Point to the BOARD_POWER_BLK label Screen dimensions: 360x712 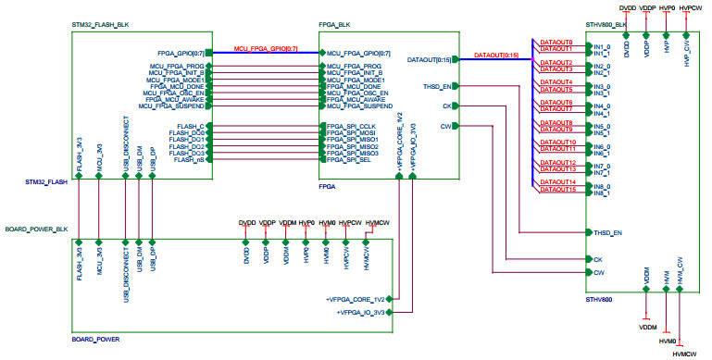coord(36,228)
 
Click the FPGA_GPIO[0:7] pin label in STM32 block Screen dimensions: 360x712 coord(181,53)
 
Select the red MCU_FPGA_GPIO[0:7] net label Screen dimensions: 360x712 coord(266,47)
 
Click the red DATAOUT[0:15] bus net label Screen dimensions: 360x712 coord(495,56)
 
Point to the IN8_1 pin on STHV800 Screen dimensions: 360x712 coord(601,193)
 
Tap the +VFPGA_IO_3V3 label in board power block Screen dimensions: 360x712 coord(363,313)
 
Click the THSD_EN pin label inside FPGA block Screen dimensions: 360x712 coord(437,86)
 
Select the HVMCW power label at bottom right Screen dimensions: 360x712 coord(684,354)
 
